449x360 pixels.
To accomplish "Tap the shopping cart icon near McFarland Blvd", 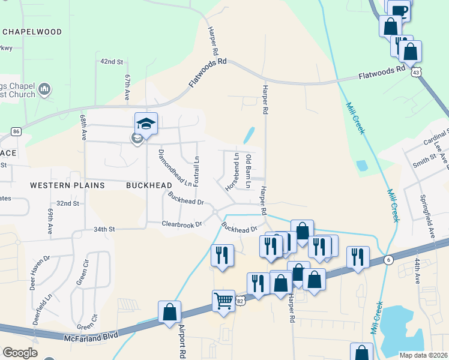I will coord(223,299).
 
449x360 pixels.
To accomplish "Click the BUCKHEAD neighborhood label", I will coord(149,186).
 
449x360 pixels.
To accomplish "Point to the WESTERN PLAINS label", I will coord(67,186).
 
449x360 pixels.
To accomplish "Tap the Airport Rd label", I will coord(182,341).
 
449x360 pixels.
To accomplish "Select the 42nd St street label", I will coord(111,62).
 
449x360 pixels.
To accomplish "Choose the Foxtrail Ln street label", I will coord(197,170).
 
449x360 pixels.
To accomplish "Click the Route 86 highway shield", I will coord(16,131).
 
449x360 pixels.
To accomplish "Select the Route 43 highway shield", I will coord(415,72).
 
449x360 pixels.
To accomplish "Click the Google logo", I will coord(20,353).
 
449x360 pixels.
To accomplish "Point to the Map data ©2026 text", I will coord(423,355).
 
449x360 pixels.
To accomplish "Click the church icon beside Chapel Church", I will coord(44,90).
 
